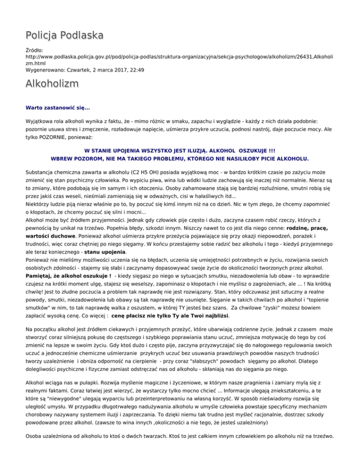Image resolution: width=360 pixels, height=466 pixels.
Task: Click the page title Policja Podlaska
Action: (x=64, y=35)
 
